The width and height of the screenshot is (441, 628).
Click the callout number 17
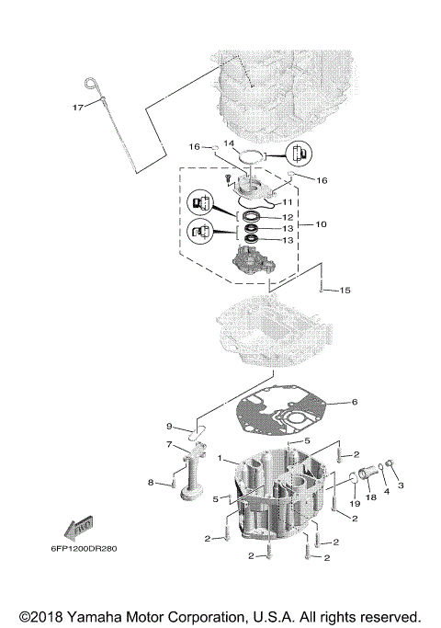click(x=78, y=108)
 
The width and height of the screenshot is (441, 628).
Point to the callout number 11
click(x=287, y=201)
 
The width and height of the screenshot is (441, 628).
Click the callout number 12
click(x=288, y=217)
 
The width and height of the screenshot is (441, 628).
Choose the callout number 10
click(x=321, y=224)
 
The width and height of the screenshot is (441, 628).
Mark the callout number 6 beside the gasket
click(x=355, y=401)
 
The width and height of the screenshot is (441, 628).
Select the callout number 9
click(x=169, y=426)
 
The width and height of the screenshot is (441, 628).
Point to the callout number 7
click(x=169, y=445)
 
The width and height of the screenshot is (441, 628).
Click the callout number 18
click(x=372, y=497)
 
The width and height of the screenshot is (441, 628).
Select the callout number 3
click(x=401, y=485)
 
